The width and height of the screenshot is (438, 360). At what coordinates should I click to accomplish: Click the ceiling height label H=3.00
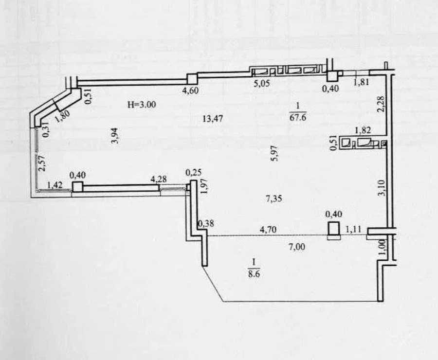point(142,105)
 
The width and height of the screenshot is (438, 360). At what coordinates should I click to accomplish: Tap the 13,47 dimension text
point(213,119)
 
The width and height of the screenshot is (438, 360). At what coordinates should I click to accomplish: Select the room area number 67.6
point(298,117)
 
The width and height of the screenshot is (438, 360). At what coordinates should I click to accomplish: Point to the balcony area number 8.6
point(254,273)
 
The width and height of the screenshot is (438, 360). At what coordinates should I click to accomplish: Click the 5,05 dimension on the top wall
point(262,83)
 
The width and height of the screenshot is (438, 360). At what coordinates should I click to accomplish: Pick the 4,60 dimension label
point(190,90)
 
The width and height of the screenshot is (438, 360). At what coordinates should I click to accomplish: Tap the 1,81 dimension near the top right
point(361,82)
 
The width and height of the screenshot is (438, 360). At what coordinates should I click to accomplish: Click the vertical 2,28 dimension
point(381,104)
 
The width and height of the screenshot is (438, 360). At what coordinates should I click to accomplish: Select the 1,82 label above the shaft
point(363,130)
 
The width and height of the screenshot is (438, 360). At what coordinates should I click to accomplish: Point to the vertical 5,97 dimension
point(274,153)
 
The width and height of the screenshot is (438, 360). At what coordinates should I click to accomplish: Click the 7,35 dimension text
point(274,199)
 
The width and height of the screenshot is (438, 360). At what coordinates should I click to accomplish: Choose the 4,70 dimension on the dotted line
point(268,230)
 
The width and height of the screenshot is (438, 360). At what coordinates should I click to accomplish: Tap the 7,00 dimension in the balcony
point(297,247)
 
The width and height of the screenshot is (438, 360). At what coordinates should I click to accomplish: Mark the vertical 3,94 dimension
point(115,135)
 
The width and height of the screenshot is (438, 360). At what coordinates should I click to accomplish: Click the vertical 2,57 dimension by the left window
point(42,163)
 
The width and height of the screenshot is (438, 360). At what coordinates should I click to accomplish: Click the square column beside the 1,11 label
point(334,229)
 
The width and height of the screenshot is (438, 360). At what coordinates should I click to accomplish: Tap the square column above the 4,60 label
point(192,79)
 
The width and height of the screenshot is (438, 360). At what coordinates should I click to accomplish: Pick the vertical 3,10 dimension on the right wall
point(382,188)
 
